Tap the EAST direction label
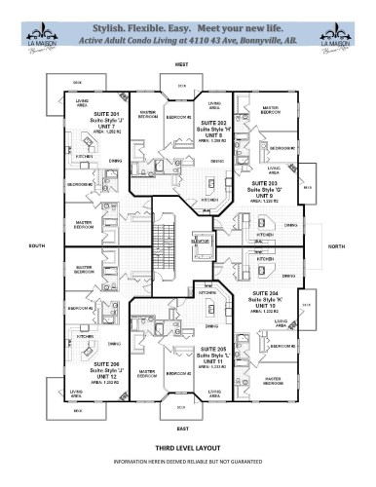tap(181, 428)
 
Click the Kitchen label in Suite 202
tap(209, 201)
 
